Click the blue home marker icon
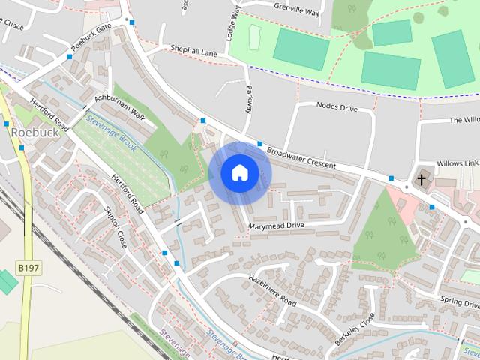(239, 173)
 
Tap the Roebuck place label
(35, 132)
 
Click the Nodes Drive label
(337, 107)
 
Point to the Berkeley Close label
(354, 328)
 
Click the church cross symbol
(422, 179)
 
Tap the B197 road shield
(27, 266)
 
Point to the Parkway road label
(248, 100)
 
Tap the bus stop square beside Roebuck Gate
(132, 22)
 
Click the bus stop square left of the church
(391, 178)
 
